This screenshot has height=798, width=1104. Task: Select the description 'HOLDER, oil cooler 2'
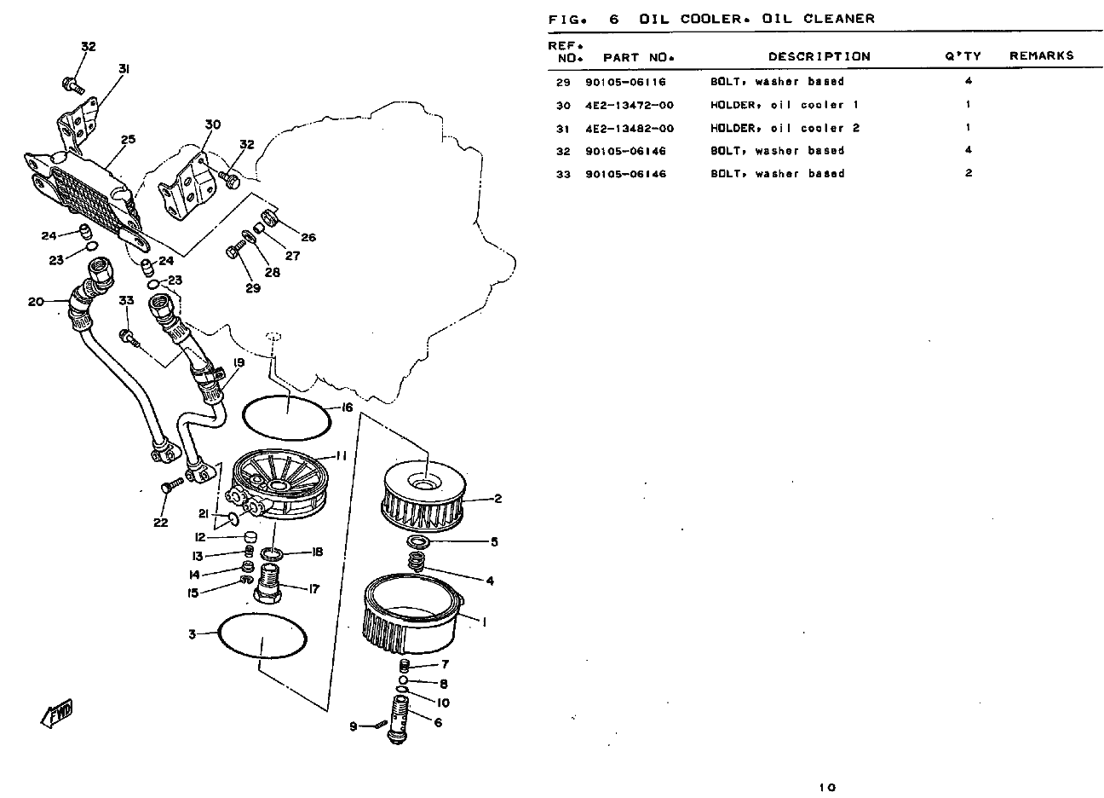(x=785, y=129)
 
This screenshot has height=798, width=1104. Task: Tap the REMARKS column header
(x=1041, y=56)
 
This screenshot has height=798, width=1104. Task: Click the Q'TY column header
(x=963, y=56)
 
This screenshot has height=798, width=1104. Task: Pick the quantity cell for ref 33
(x=969, y=174)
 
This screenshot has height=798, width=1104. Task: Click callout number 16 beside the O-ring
(x=347, y=408)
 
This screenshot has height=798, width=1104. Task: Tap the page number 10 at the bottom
(x=828, y=787)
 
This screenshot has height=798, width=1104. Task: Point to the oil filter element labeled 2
(x=423, y=500)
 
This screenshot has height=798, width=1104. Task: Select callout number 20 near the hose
(x=35, y=301)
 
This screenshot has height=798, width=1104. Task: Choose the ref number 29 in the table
(x=562, y=83)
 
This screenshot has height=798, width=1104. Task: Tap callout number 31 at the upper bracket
(x=124, y=68)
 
